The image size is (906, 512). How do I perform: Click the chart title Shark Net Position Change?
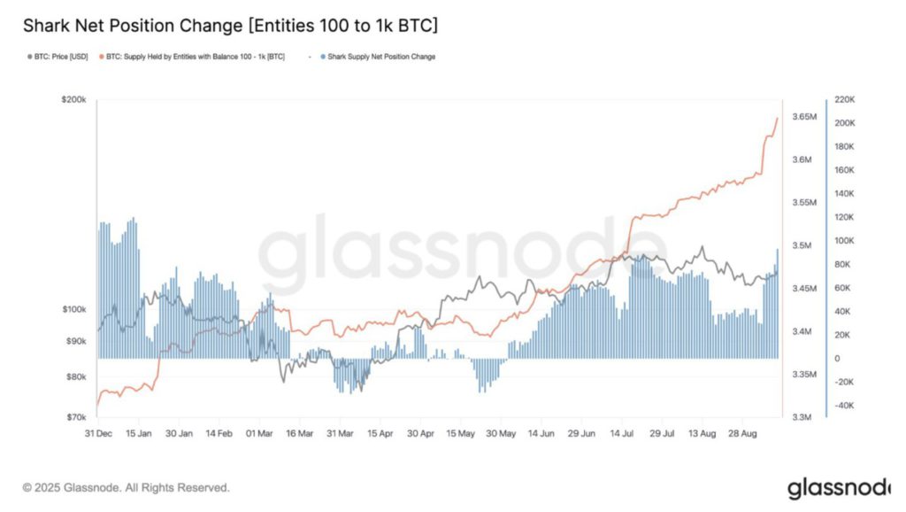229,27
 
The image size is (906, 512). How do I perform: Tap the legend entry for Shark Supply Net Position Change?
380,57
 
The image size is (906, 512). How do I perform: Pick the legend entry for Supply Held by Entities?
195,57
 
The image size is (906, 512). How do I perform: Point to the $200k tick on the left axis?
73,101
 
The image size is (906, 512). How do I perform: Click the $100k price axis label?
73,309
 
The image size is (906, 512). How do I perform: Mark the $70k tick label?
74,416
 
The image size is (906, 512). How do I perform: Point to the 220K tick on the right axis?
846,99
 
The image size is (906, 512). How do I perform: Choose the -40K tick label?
846,406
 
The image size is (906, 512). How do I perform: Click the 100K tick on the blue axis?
846,241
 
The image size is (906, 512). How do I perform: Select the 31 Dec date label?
97,434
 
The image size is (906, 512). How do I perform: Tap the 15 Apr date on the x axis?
380,434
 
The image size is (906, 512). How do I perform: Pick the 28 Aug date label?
742,434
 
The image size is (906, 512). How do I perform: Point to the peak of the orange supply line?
777,118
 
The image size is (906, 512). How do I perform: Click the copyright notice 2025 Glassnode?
127,487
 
